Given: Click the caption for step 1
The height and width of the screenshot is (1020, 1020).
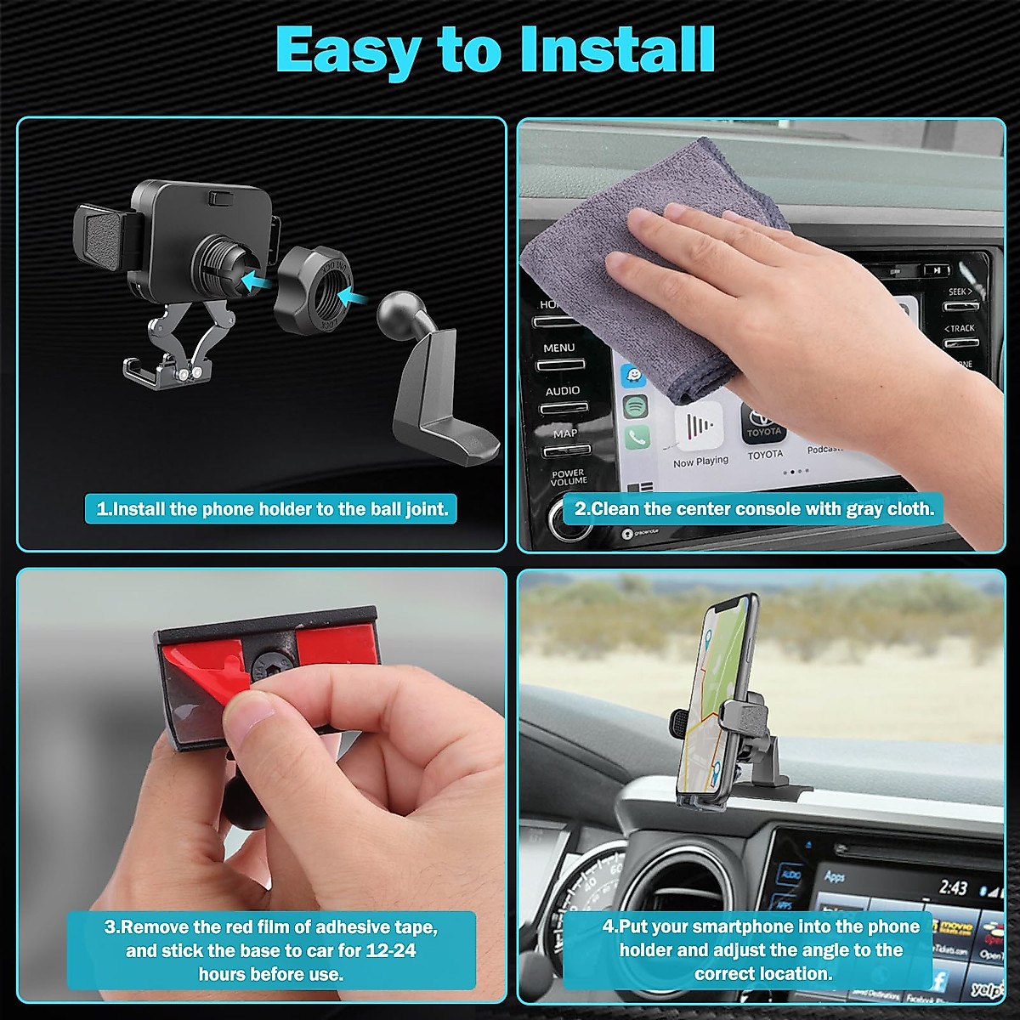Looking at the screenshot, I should coord(272,509).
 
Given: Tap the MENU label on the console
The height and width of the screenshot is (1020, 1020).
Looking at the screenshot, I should coord(558,348).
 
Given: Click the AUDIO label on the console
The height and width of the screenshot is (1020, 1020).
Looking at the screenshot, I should coord(562,391).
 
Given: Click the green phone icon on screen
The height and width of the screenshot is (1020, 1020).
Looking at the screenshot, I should coord(637,438).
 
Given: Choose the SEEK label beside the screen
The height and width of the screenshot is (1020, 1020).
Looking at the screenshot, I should coord(960,292).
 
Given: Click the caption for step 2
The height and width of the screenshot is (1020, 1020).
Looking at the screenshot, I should coord(754,509).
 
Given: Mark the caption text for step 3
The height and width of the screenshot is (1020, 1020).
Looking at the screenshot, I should coord(270,950).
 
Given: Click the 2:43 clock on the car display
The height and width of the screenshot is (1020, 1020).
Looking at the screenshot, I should coord(953,888).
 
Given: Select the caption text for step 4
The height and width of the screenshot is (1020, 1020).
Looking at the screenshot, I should coord(761,950).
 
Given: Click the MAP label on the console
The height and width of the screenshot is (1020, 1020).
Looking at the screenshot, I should coord(564,433).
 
